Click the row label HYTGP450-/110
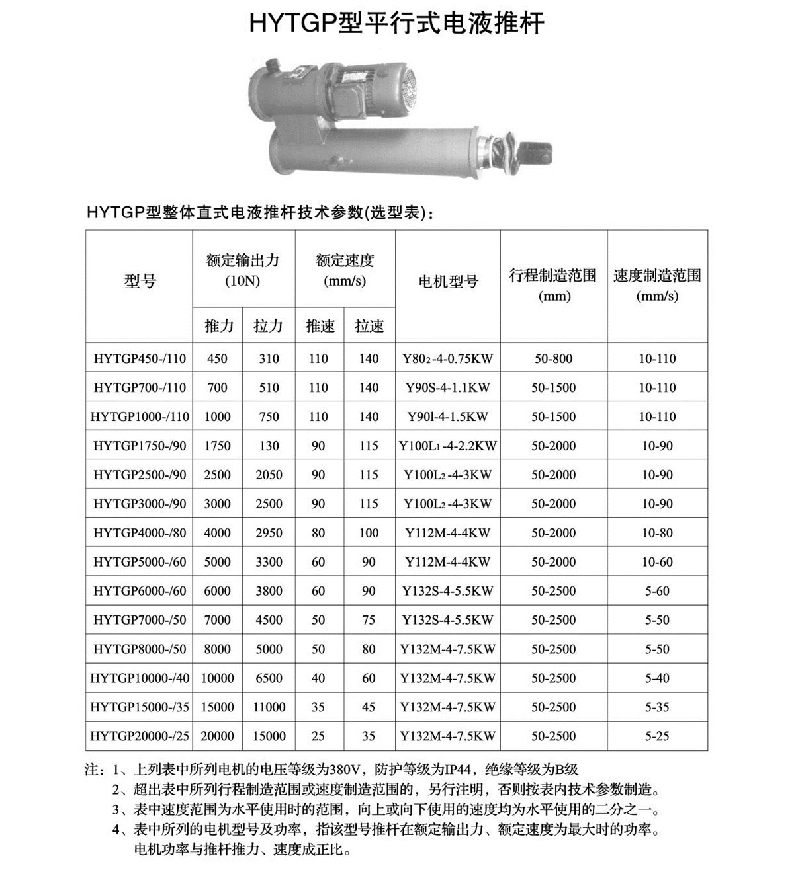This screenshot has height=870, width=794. (x=140, y=359)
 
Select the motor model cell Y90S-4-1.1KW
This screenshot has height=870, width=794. (x=448, y=388)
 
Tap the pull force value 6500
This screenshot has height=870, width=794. (x=269, y=678)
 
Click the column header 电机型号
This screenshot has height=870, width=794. (x=448, y=282)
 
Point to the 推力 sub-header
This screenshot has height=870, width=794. (x=219, y=326)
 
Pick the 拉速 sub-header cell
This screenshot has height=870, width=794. (x=369, y=326)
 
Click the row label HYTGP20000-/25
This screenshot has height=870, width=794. (x=140, y=736)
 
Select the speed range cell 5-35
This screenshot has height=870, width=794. (x=657, y=707)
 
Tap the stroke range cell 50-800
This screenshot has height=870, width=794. (x=552, y=359)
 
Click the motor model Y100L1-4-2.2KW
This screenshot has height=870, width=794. (x=448, y=446)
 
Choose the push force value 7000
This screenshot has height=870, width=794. (x=217, y=620)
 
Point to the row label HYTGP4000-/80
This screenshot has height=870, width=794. (x=140, y=533)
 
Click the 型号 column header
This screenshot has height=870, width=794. (x=140, y=282)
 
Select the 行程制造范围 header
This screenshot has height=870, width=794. (x=553, y=276)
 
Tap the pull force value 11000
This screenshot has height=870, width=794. (x=269, y=707)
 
